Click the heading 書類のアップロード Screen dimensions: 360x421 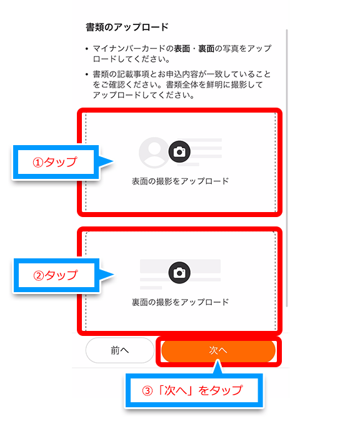click(x=127, y=27)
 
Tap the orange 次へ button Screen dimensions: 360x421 click(x=218, y=350)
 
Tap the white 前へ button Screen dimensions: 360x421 click(x=120, y=350)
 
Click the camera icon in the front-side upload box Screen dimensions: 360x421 click(x=179, y=152)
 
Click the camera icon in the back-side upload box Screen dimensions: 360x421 click(x=179, y=273)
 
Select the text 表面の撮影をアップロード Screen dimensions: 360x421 click(x=180, y=181)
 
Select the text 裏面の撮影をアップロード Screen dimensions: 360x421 click(x=180, y=302)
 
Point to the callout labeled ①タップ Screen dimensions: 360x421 click(x=56, y=162)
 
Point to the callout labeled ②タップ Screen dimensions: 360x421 click(x=56, y=275)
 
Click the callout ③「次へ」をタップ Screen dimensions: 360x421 click(x=194, y=390)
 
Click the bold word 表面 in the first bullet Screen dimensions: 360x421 click(x=182, y=49)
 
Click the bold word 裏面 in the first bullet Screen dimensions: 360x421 click(x=206, y=49)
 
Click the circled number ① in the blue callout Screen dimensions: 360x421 click(x=38, y=163)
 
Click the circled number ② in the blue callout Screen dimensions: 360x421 click(x=39, y=276)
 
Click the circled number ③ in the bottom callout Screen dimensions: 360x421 click(x=147, y=391)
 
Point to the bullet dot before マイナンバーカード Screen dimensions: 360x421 click(x=87, y=49)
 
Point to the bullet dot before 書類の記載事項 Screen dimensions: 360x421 click(x=87, y=74)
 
